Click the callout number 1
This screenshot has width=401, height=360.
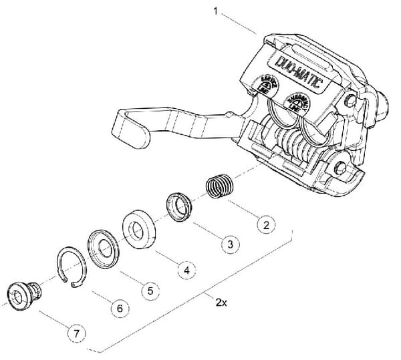click(x=215, y=11)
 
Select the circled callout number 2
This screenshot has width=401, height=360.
click(x=265, y=224)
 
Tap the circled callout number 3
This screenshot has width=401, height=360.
click(x=229, y=244)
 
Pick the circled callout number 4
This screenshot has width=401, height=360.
click(x=187, y=271)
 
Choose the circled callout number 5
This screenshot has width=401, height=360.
click(x=150, y=291)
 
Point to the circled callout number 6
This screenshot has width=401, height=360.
click(x=119, y=309)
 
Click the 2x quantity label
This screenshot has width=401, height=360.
click(x=222, y=302)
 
